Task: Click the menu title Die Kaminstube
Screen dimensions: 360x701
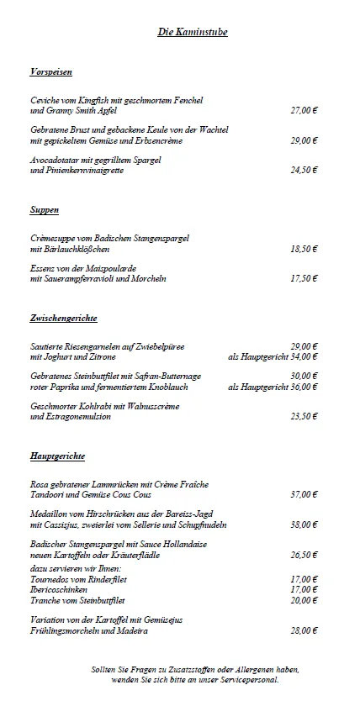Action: click(x=193, y=32)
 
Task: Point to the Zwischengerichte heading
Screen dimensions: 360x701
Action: click(x=63, y=319)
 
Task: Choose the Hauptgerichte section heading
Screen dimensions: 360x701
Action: click(x=57, y=456)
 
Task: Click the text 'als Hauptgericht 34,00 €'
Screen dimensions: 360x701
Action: click(x=273, y=357)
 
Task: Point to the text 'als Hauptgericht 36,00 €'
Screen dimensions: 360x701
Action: click(x=273, y=387)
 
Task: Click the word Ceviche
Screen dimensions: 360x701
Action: click(x=45, y=100)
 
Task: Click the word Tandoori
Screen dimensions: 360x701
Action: click(x=48, y=494)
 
